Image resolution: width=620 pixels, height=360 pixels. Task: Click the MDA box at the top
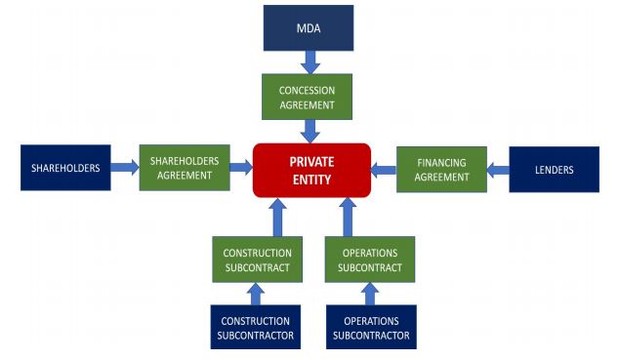309,28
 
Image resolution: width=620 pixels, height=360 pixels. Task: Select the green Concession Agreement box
308,96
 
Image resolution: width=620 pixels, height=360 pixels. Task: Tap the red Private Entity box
311,170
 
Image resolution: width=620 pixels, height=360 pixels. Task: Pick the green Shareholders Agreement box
184,168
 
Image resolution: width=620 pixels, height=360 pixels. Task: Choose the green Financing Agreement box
441,169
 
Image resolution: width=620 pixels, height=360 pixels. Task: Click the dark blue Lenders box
553,170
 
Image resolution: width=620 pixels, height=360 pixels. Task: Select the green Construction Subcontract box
256,260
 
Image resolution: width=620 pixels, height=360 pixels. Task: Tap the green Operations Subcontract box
369,260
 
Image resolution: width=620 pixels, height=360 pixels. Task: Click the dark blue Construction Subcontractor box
256,327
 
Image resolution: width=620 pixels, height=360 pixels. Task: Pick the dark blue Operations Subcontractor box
370,327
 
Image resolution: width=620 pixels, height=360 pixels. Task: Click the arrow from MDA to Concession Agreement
309,62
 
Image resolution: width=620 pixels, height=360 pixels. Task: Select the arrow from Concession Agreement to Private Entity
309,131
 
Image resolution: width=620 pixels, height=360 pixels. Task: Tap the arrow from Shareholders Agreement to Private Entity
239,168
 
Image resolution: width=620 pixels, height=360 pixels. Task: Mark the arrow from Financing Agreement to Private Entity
383,170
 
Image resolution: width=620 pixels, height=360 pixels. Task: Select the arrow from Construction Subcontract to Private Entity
277,216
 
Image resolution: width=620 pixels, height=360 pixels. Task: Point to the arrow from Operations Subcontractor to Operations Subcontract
370,294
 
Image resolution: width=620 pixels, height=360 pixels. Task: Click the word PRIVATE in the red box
311,160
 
